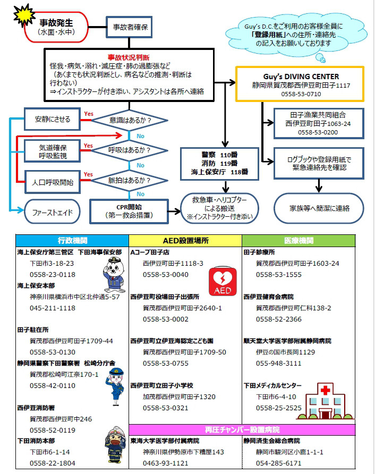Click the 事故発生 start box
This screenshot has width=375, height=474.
point(55,27)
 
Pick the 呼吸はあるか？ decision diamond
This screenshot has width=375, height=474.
point(129,150)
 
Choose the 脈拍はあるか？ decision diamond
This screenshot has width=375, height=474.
point(129,181)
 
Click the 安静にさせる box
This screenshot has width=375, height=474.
point(53,118)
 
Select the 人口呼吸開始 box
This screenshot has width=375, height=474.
point(53,182)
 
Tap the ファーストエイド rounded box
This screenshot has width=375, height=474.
point(53,211)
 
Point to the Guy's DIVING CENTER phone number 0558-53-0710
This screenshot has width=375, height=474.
point(300,94)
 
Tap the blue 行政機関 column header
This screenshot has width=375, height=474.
point(72,241)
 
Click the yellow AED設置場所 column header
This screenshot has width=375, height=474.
point(185,241)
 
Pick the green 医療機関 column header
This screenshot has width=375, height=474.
point(299,241)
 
